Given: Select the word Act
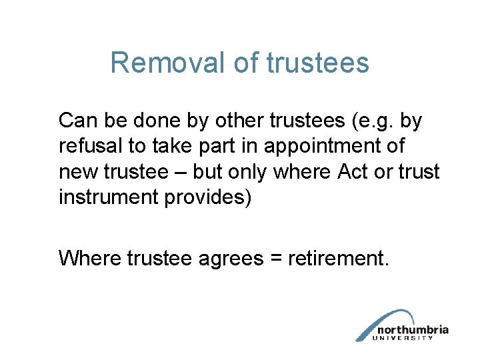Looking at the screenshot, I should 353,172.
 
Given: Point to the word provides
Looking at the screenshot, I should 213,197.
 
